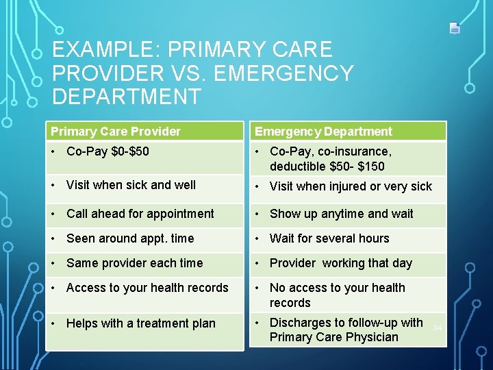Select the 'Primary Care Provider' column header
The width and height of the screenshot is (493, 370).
pos(116,132)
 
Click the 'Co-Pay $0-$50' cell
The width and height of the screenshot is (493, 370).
pos(108,151)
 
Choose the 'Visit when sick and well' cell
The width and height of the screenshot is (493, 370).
pos(131,185)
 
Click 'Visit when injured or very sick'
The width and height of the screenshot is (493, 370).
pos(351,186)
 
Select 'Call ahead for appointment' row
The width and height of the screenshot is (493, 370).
pos(140,214)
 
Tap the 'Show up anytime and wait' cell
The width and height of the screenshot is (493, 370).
pos(341,214)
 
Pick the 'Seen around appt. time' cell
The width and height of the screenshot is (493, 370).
pos(130,238)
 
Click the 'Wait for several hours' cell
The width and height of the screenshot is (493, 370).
pos(329,238)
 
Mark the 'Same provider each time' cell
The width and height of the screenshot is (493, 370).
pos(134,263)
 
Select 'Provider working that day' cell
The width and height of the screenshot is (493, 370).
pos(340,263)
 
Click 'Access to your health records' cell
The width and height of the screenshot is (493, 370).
pos(147,288)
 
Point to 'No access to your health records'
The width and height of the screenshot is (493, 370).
pos(337,295)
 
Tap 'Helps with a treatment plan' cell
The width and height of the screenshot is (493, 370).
pos(140,323)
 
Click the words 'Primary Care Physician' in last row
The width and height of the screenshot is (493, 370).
pos(333,337)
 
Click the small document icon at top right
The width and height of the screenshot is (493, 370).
pos(455,28)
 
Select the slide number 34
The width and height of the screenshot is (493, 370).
pos(437,328)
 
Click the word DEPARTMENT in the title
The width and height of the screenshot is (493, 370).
pos(127,97)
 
